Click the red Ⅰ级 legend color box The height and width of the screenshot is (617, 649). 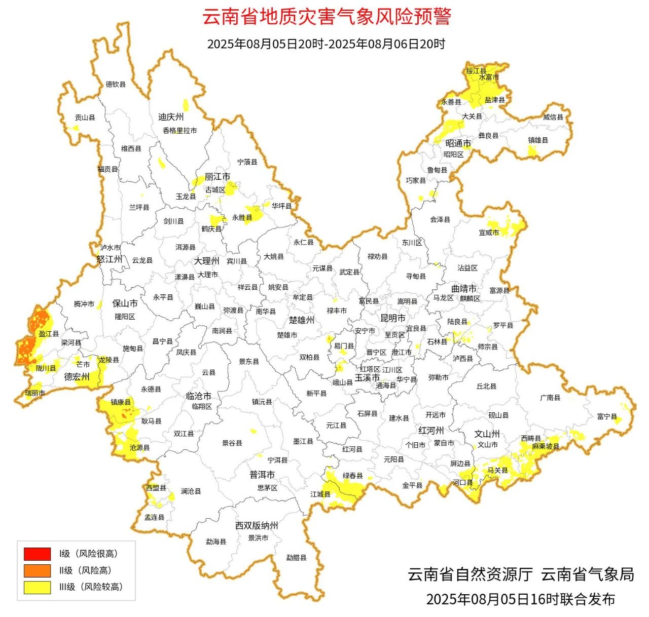[x=37, y=554]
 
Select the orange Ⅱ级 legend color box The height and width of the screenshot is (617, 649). [x=37, y=570]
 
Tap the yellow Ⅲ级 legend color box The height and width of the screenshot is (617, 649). [x=37, y=587]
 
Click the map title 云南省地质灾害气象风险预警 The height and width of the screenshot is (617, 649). [x=327, y=16]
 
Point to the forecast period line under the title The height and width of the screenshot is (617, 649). [x=326, y=44]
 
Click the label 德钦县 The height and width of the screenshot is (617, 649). [x=116, y=85]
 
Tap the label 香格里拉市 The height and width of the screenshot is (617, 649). [x=179, y=131]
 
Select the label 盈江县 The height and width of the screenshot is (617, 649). [x=49, y=334]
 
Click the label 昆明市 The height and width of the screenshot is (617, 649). [x=393, y=318]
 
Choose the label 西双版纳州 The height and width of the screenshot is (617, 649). [x=257, y=526]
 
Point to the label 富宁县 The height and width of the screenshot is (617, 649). [x=607, y=416]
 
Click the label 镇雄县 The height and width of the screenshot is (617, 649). [x=538, y=140]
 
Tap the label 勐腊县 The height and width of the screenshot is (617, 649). [x=296, y=558]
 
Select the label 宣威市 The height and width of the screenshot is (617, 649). [x=489, y=233]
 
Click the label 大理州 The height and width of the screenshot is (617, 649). [x=206, y=261]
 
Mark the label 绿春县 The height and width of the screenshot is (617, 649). [x=352, y=476]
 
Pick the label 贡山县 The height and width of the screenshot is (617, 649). [x=85, y=118]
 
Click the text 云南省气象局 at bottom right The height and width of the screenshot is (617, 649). [x=588, y=574]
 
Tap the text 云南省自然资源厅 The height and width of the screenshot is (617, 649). [x=470, y=574]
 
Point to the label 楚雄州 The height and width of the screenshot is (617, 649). [x=302, y=320]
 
